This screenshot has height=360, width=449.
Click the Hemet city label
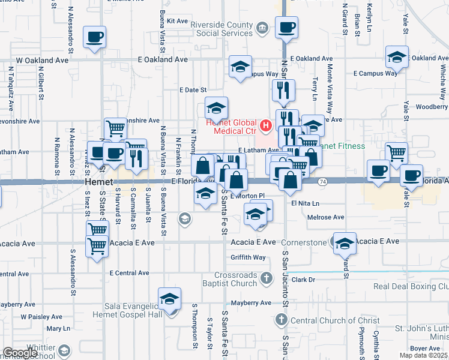pos(97,181)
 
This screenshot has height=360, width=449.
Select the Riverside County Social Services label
pos(221,29)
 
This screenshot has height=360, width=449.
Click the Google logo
pos(20,352)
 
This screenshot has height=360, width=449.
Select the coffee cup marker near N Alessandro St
pos(95,37)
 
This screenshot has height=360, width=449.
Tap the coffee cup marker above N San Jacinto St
pos(286,27)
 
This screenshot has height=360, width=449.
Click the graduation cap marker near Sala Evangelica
pos(170,299)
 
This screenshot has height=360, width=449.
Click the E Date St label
pos(193,89)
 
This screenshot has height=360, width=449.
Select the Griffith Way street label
pos(248,257)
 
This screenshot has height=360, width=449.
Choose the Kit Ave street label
pos(178,20)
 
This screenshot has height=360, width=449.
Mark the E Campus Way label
pos(376,73)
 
